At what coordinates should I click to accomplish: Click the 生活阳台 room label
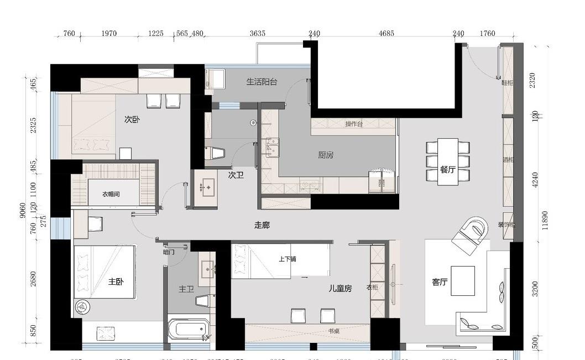coord(262,82)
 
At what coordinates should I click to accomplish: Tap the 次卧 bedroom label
coord(132,119)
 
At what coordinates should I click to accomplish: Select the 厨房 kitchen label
coord(326,155)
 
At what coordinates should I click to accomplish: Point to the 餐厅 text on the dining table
coord(447,170)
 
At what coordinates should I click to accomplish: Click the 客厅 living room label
coord(440,282)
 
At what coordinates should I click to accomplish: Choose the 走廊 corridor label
coord(262,225)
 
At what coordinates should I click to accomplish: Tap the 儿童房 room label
coord(340,288)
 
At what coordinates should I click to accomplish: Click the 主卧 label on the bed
coord(116,281)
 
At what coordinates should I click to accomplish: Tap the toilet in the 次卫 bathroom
coord(215,153)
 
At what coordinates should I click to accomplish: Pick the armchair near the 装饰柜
coord(471,234)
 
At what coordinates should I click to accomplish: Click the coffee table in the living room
coord(463,281)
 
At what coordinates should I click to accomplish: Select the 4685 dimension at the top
coord(386,34)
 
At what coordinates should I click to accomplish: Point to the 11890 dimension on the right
coord(546,220)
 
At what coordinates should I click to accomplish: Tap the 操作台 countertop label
coord(353,124)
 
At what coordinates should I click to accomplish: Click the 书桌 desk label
coord(333,332)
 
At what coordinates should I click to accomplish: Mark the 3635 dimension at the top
coord(257,34)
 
